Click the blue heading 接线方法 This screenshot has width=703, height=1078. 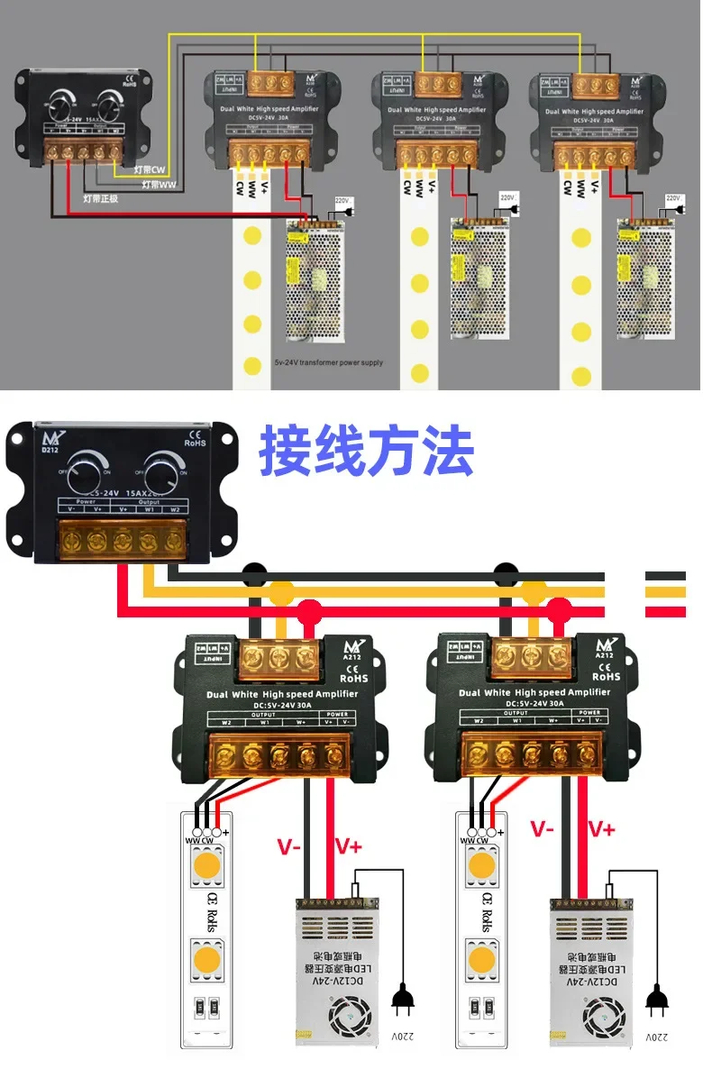[x=366, y=452]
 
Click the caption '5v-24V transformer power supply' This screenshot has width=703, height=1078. [x=328, y=363]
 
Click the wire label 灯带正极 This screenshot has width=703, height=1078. [x=100, y=198]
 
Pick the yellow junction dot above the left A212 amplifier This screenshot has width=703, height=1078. [x=282, y=592]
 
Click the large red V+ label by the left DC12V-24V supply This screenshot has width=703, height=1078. [x=348, y=845]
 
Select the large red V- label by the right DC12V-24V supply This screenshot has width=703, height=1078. [x=543, y=828]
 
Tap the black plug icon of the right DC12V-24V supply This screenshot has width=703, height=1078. [x=656, y=998]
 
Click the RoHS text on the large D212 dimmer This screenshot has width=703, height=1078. [x=196, y=442]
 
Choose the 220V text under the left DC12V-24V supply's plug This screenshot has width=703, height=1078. [x=402, y=1037]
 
